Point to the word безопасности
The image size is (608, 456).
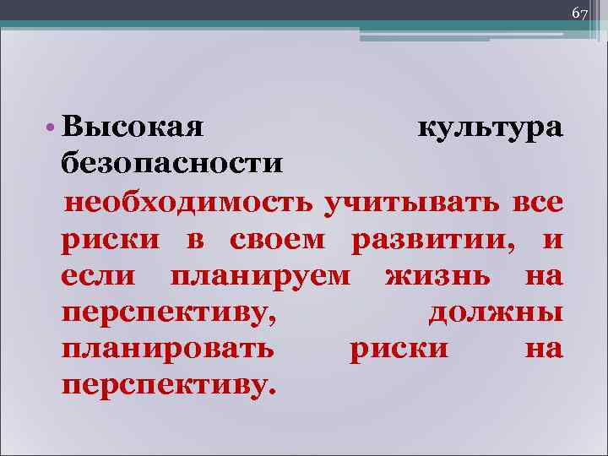click(x=172, y=163)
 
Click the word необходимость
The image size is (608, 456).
click(x=192, y=203)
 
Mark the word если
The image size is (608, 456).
click(x=101, y=276)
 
